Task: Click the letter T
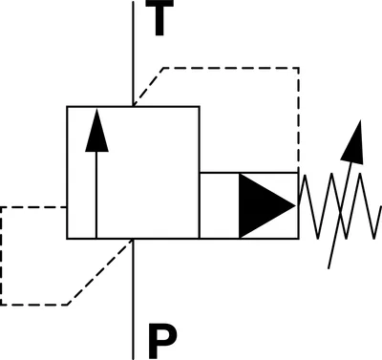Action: click(x=159, y=17)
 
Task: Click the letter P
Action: click(x=162, y=341)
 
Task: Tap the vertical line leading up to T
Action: click(x=133, y=53)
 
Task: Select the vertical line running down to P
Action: click(x=133, y=299)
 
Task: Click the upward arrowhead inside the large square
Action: click(x=96, y=131)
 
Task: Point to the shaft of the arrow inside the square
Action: click(x=96, y=195)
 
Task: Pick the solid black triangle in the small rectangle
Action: click(x=267, y=205)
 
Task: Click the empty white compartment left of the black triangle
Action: click(x=220, y=205)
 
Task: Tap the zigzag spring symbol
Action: click(x=340, y=206)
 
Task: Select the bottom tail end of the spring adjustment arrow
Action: click(x=329, y=268)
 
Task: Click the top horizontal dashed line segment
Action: click(x=231, y=68)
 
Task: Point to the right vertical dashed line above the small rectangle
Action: click(x=298, y=120)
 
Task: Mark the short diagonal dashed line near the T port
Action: click(x=148, y=86)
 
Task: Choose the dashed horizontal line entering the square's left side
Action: click(x=33, y=207)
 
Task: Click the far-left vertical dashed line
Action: click(x=1, y=256)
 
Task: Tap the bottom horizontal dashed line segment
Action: click(x=33, y=305)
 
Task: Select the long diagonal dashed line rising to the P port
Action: click(x=100, y=271)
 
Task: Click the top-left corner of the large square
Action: click(x=67, y=107)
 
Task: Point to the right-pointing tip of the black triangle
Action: click(x=296, y=205)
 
